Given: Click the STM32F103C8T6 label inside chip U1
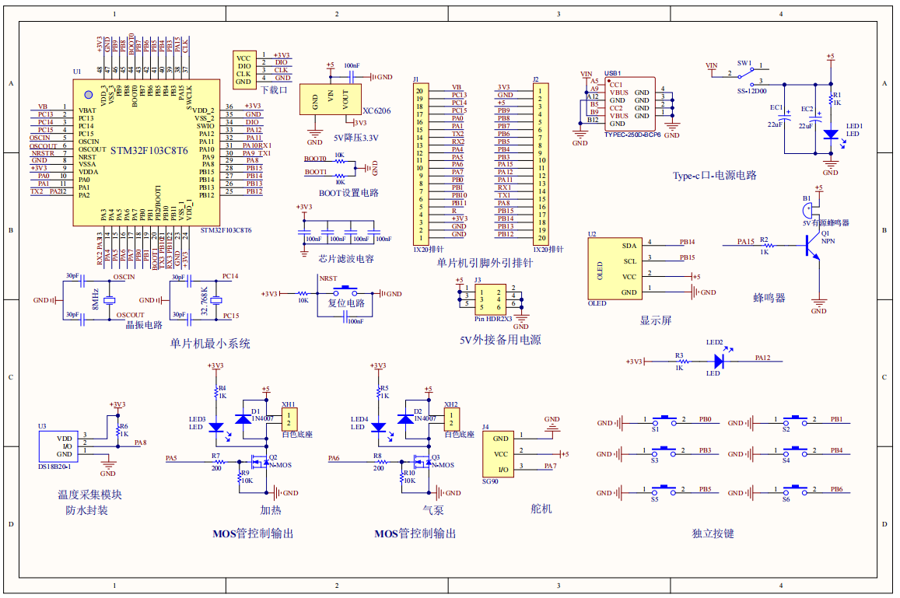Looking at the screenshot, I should click(149, 150).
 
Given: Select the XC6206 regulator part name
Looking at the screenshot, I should click(376, 111).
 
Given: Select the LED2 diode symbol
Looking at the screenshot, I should click(720, 361).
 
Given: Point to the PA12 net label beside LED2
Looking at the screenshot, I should click(762, 358).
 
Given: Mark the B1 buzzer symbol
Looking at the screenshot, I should click(809, 208).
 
